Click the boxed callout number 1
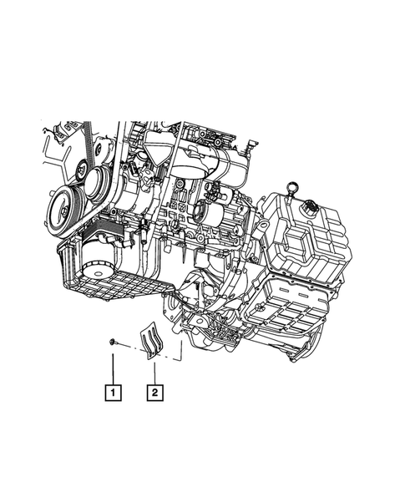coord(113,392)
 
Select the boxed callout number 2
coord(155,392)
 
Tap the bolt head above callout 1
coord(111,342)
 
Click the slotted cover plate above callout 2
coord(151,341)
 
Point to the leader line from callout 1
coord(113,368)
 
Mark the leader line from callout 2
coord(155,373)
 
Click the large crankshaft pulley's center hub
coord(63,211)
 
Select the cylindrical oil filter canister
coord(98,255)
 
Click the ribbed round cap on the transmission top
coord(310,208)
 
